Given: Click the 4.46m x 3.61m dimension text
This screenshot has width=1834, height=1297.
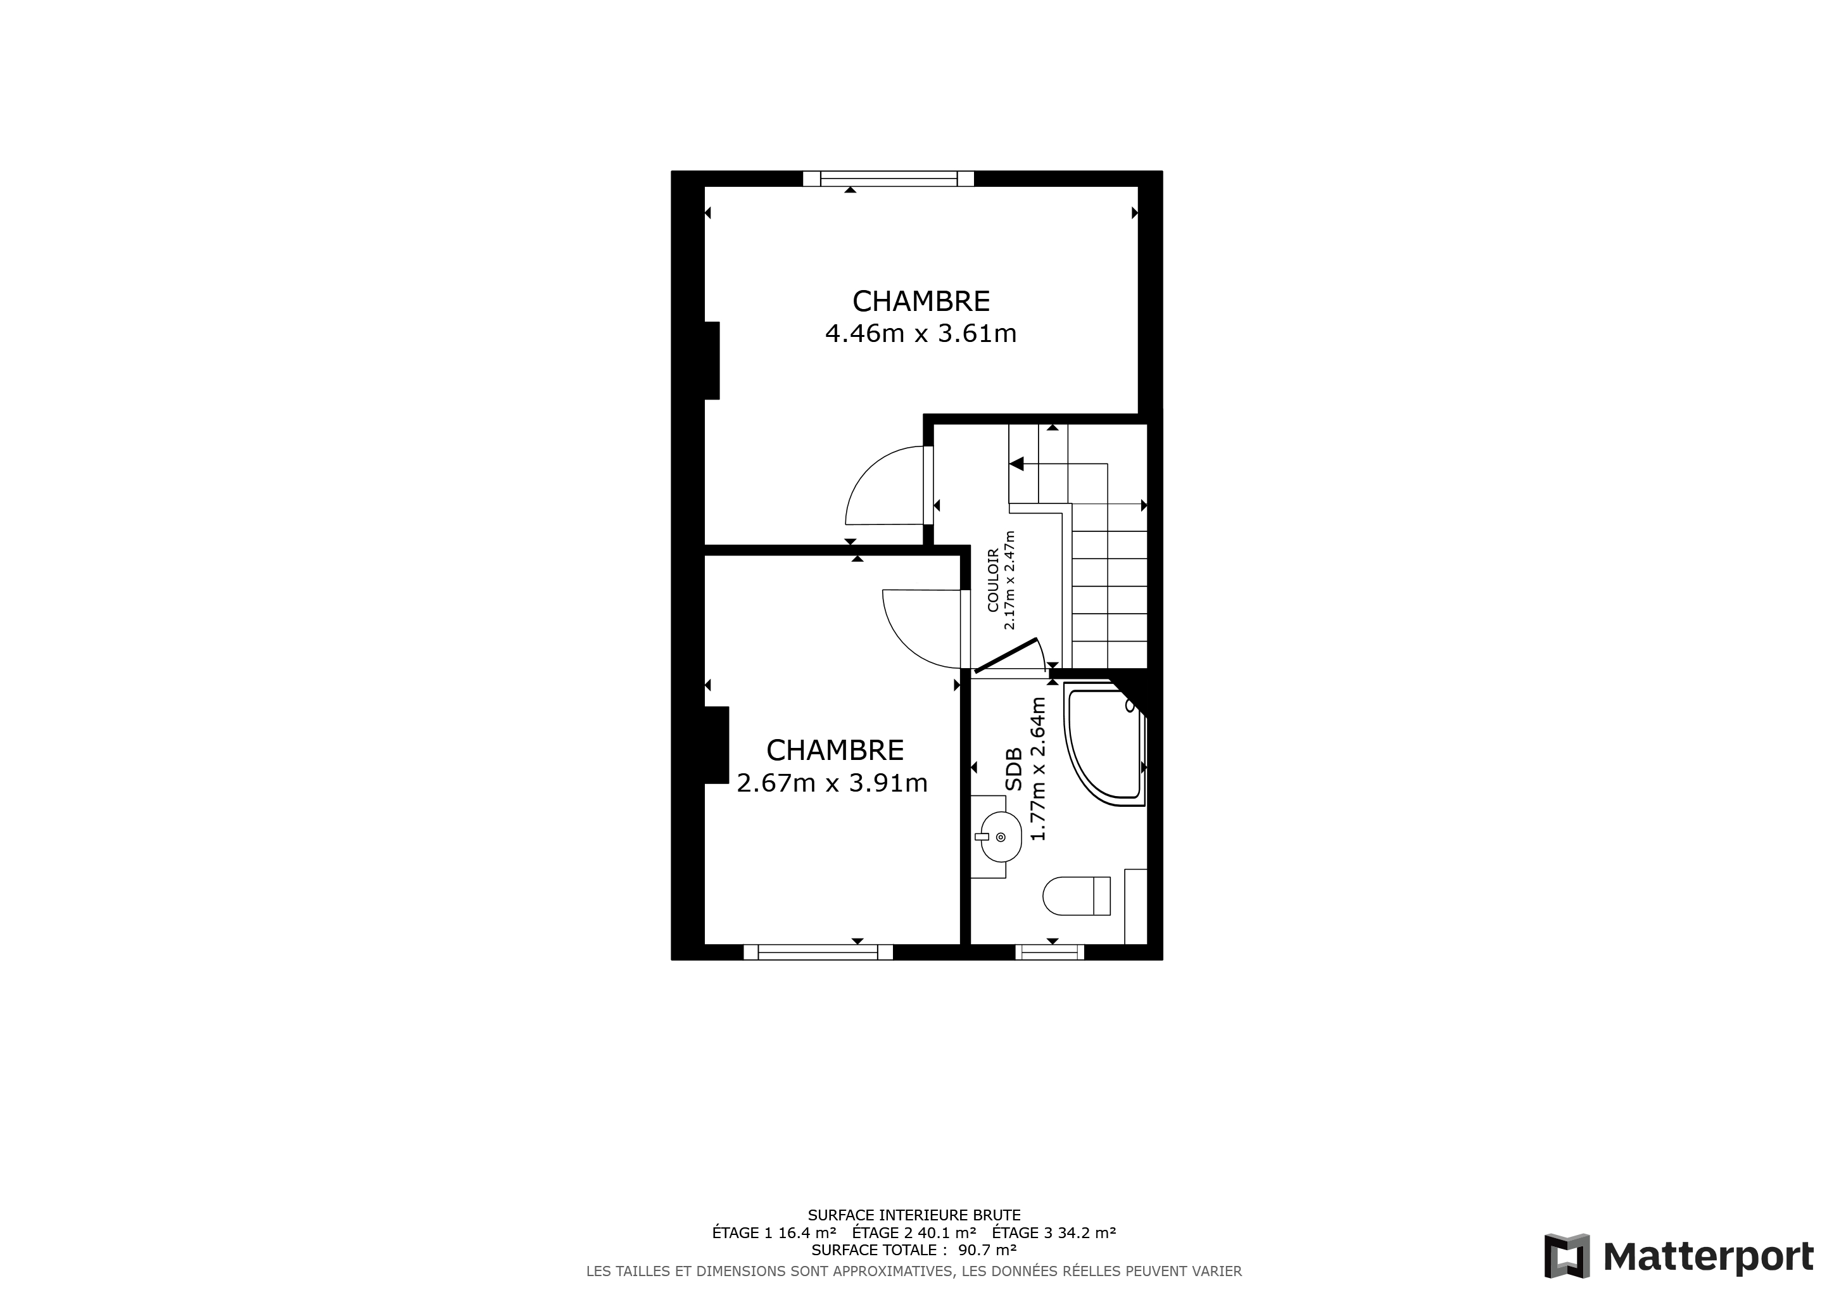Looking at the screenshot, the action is pyautogui.click(x=920, y=333).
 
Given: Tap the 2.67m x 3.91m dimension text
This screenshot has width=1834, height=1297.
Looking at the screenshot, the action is pyautogui.click(x=832, y=783).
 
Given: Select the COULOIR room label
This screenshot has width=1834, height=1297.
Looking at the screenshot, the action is pyautogui.click(x=993, y=580).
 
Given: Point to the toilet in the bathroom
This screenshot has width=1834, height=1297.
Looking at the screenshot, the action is pyautogui.click(x=1076, y=895).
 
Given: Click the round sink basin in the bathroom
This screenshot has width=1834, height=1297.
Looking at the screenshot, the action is pyautogui.click(x=1001, y=837).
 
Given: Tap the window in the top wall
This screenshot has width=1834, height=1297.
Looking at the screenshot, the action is pyautogui.click(x=889, y=178).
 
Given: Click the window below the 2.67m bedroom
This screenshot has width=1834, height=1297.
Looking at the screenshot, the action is pyautogui.click(x=818, y=951).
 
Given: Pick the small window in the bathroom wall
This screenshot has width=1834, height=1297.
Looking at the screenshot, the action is pyautogui.click(x=1049, y=951).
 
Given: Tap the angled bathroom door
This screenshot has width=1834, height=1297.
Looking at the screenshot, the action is pyautogui.click(x=1006, y=655).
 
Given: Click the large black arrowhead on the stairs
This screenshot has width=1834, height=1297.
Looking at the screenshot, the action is pyautogui.click(x=1017, y=463).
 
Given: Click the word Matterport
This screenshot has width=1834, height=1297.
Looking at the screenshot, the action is pyautogui.click(x=1709, y=1257).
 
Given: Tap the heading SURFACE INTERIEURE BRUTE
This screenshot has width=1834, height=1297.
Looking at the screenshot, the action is pyautogui.click(x=914, y=1215).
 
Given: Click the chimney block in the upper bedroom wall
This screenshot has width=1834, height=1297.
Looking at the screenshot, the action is pyautogui.click(x=711, y=360).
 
